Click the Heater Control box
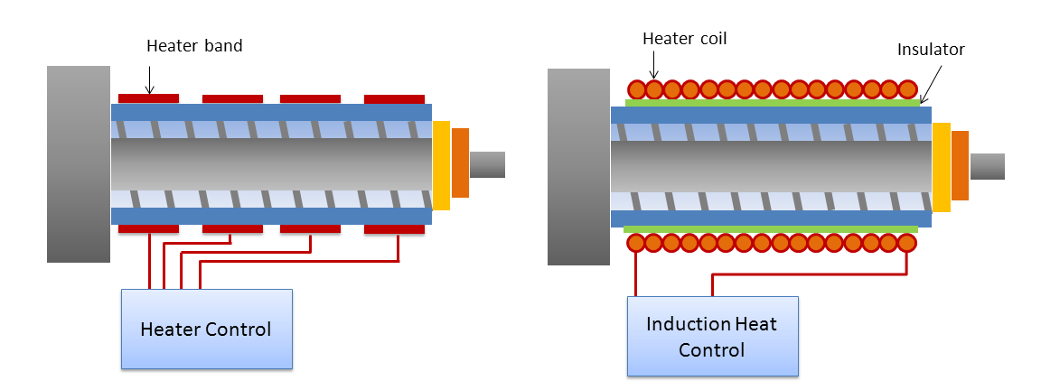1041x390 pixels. [207, 329]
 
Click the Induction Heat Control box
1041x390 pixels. [713, 336]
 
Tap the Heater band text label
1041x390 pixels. [194, 46]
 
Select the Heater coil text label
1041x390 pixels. [684, 39]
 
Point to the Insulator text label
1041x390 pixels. [931, 50]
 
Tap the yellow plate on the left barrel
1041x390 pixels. [441, 165]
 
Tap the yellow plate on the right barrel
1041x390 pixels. [941, 167]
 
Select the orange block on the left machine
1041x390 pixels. [460, 163]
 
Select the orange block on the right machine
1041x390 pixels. [960, 166]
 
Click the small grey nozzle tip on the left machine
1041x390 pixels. [487, 164]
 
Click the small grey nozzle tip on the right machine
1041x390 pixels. [987, 166]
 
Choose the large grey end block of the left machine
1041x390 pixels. [79, 164]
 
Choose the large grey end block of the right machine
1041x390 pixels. [579, 167]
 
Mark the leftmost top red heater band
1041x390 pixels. [149, 98]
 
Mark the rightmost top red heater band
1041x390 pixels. [394, 98]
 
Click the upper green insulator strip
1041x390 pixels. [772, 103]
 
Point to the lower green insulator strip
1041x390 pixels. [772, 229]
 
